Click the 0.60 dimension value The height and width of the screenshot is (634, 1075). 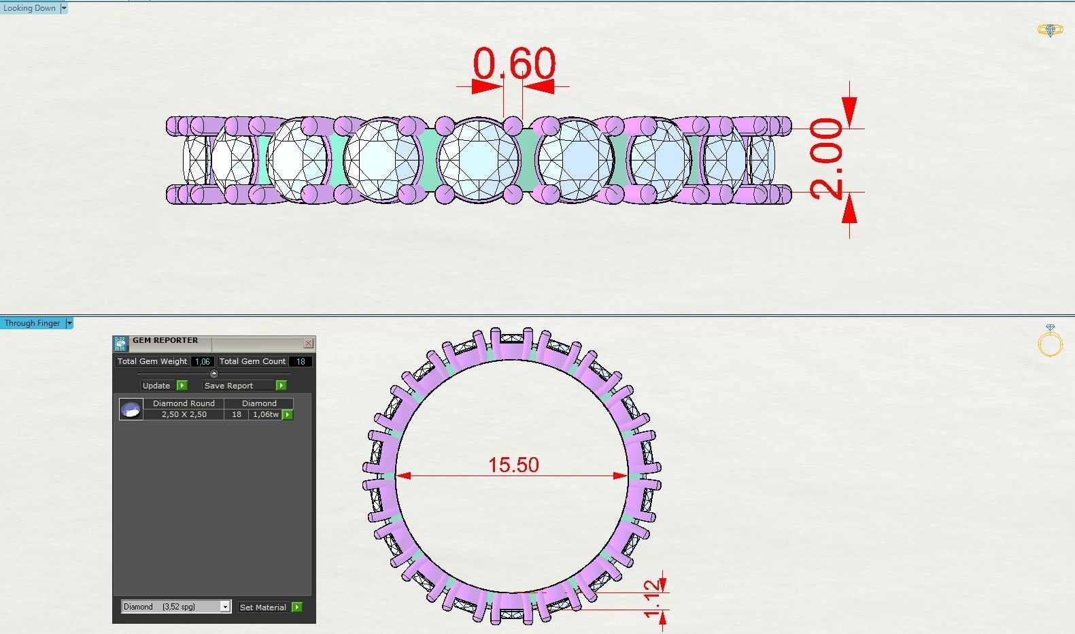[x=514, y=63]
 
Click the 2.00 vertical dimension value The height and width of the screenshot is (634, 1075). [x=825, y=159]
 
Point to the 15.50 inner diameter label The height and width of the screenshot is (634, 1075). [x=513, y=465]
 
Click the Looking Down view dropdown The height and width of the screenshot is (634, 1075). [x=64, y=8]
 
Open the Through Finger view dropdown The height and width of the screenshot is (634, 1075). [x=69, y=323]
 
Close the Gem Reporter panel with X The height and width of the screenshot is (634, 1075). [x=308, y=344]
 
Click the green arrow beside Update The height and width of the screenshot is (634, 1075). [x=182, y=386]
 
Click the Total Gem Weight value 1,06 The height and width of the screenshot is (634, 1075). [x=202, y=362]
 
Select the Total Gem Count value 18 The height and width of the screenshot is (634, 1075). [x=300, y=362]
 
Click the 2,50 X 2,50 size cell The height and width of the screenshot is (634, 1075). [x=184, y=414]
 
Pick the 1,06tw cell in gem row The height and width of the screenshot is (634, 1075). [x=265, y=414]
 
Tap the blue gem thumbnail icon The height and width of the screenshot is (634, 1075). [x=131, y=409]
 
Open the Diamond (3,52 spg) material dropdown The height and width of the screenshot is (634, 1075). [x=225, y=607]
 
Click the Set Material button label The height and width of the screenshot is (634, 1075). [x=262, y=607]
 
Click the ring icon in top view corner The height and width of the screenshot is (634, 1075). [x=1050, y=30]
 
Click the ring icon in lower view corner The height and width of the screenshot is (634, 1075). [x=1050, y=341]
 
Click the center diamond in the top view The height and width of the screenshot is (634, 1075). [x=479, y=160]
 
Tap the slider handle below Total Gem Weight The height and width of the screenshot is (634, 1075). [x=214, y=373]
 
